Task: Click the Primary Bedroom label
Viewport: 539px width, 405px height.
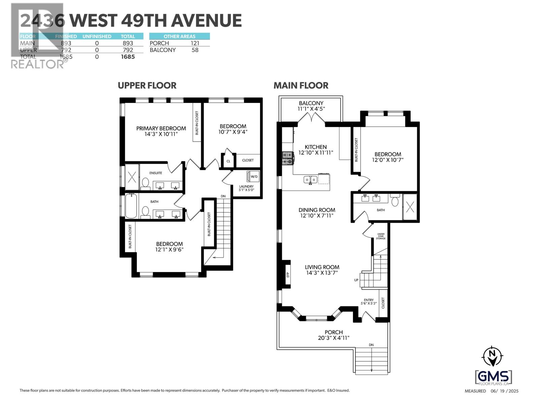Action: tap(161, 128)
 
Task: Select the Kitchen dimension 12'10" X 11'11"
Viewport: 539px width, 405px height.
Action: tap(316, 153)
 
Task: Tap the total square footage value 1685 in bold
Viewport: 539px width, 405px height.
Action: tap(128, 57)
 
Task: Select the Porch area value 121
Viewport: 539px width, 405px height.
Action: tap(195, 43)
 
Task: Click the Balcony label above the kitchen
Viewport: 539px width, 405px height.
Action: tap(311, 103)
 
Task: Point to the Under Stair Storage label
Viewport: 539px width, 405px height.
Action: tap(381, 236)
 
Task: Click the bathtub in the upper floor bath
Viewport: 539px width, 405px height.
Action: tap(131, 206)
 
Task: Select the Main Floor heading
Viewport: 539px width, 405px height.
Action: tap(301, 86)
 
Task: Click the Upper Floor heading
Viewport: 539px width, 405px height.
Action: tap(147, 86)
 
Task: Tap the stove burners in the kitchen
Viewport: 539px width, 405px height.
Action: tap(287, 158)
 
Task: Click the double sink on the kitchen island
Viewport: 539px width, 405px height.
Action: tap(310, 180)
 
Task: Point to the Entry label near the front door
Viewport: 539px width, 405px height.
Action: tap(369, 300)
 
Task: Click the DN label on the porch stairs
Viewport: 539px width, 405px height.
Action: tap(371, 345)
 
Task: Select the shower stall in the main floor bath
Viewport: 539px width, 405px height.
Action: tap(410, 207)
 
